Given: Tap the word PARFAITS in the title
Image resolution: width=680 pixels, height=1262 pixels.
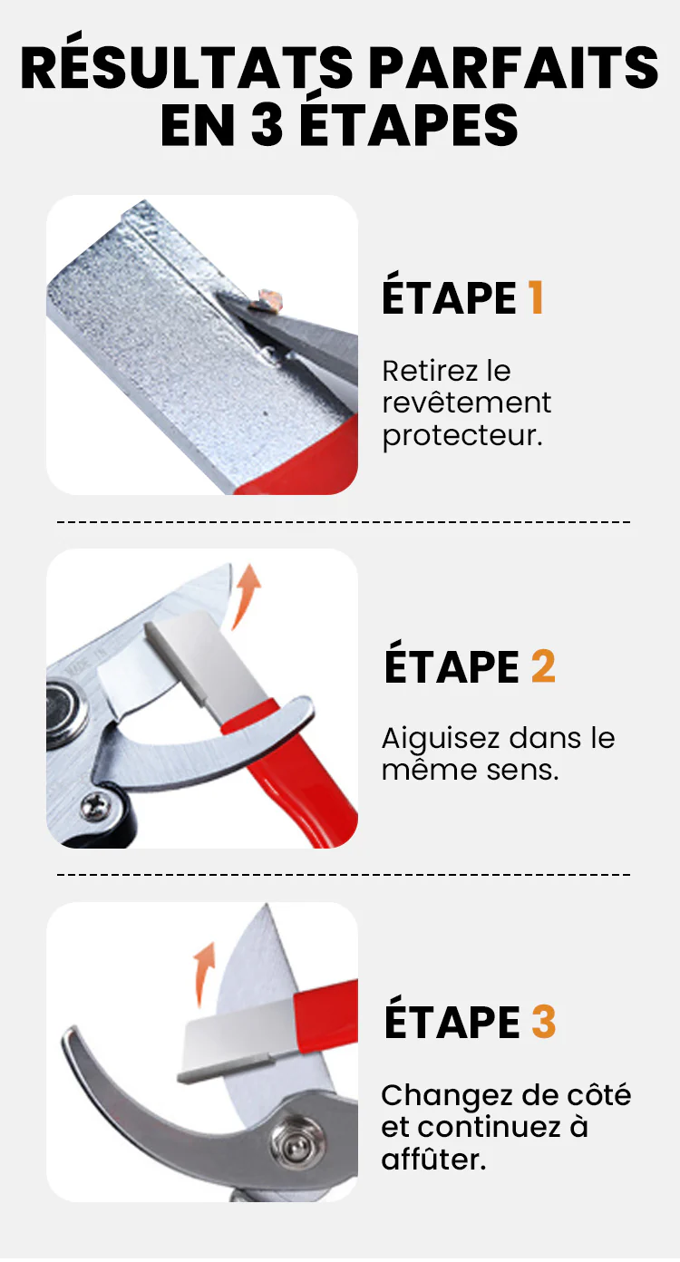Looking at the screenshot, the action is coord(515,68).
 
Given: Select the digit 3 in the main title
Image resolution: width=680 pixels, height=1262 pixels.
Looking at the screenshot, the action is coord(267,124).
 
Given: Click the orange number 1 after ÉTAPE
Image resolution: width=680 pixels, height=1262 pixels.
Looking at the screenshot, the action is coord(536,298).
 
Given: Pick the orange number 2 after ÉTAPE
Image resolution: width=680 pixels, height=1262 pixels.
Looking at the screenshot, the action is coord(543,666).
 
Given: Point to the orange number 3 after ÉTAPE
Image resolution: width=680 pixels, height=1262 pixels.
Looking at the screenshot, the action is coord(544,1022).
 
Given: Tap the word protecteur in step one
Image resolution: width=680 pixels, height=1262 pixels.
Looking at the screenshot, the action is coord(462,436).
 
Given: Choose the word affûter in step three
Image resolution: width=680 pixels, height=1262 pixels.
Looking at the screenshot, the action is coord(433,1160).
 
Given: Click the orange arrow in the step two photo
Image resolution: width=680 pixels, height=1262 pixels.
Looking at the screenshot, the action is coord(247,596).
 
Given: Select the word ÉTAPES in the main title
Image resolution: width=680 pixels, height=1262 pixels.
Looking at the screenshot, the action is coord(408,124).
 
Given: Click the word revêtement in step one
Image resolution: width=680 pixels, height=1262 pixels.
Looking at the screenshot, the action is coord(466,403).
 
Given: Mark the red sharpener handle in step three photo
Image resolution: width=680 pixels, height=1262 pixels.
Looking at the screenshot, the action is coord(326,1016).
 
